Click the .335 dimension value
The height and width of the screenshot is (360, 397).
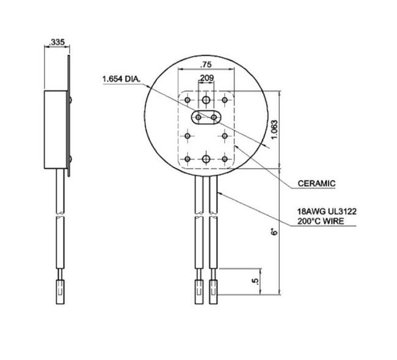[56, 42]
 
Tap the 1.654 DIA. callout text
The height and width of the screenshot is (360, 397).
[122, 79]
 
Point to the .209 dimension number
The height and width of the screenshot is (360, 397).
[206, 78]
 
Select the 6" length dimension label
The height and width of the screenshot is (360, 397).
[275, 232]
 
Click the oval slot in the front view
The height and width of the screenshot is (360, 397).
[206, 117]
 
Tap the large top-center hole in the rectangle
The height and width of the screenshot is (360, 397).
[206, 98]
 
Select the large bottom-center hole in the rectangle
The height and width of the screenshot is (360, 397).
[206, 159]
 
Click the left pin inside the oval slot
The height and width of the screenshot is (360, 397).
[198, 117]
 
